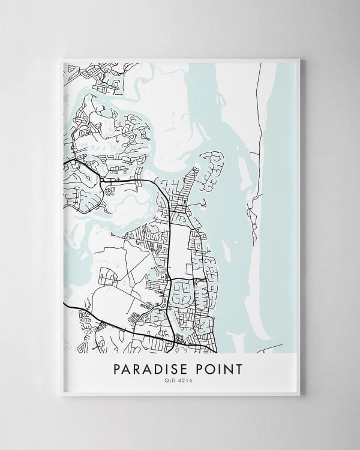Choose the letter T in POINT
coord(240,367)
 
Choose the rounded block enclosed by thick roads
coord(184,294)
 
